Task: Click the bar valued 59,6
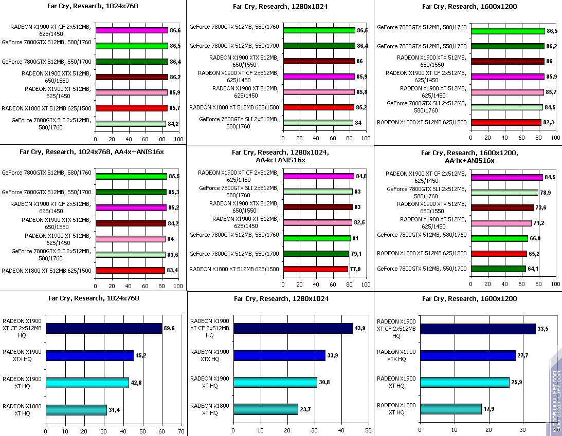click(104, 329)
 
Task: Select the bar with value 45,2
click(89, 355)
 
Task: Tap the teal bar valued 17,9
click(451, 409)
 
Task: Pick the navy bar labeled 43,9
click(293, 329)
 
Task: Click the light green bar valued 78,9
click(504, 193)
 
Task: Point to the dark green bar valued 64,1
click(498, 269)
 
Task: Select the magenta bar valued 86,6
click(131, 31)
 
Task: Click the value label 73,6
click(541, 207)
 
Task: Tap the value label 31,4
click(114, 409)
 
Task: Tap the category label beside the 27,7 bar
click(396, 355)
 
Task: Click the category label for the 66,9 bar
click(422, 235)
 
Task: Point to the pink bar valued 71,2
click(501, 223)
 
